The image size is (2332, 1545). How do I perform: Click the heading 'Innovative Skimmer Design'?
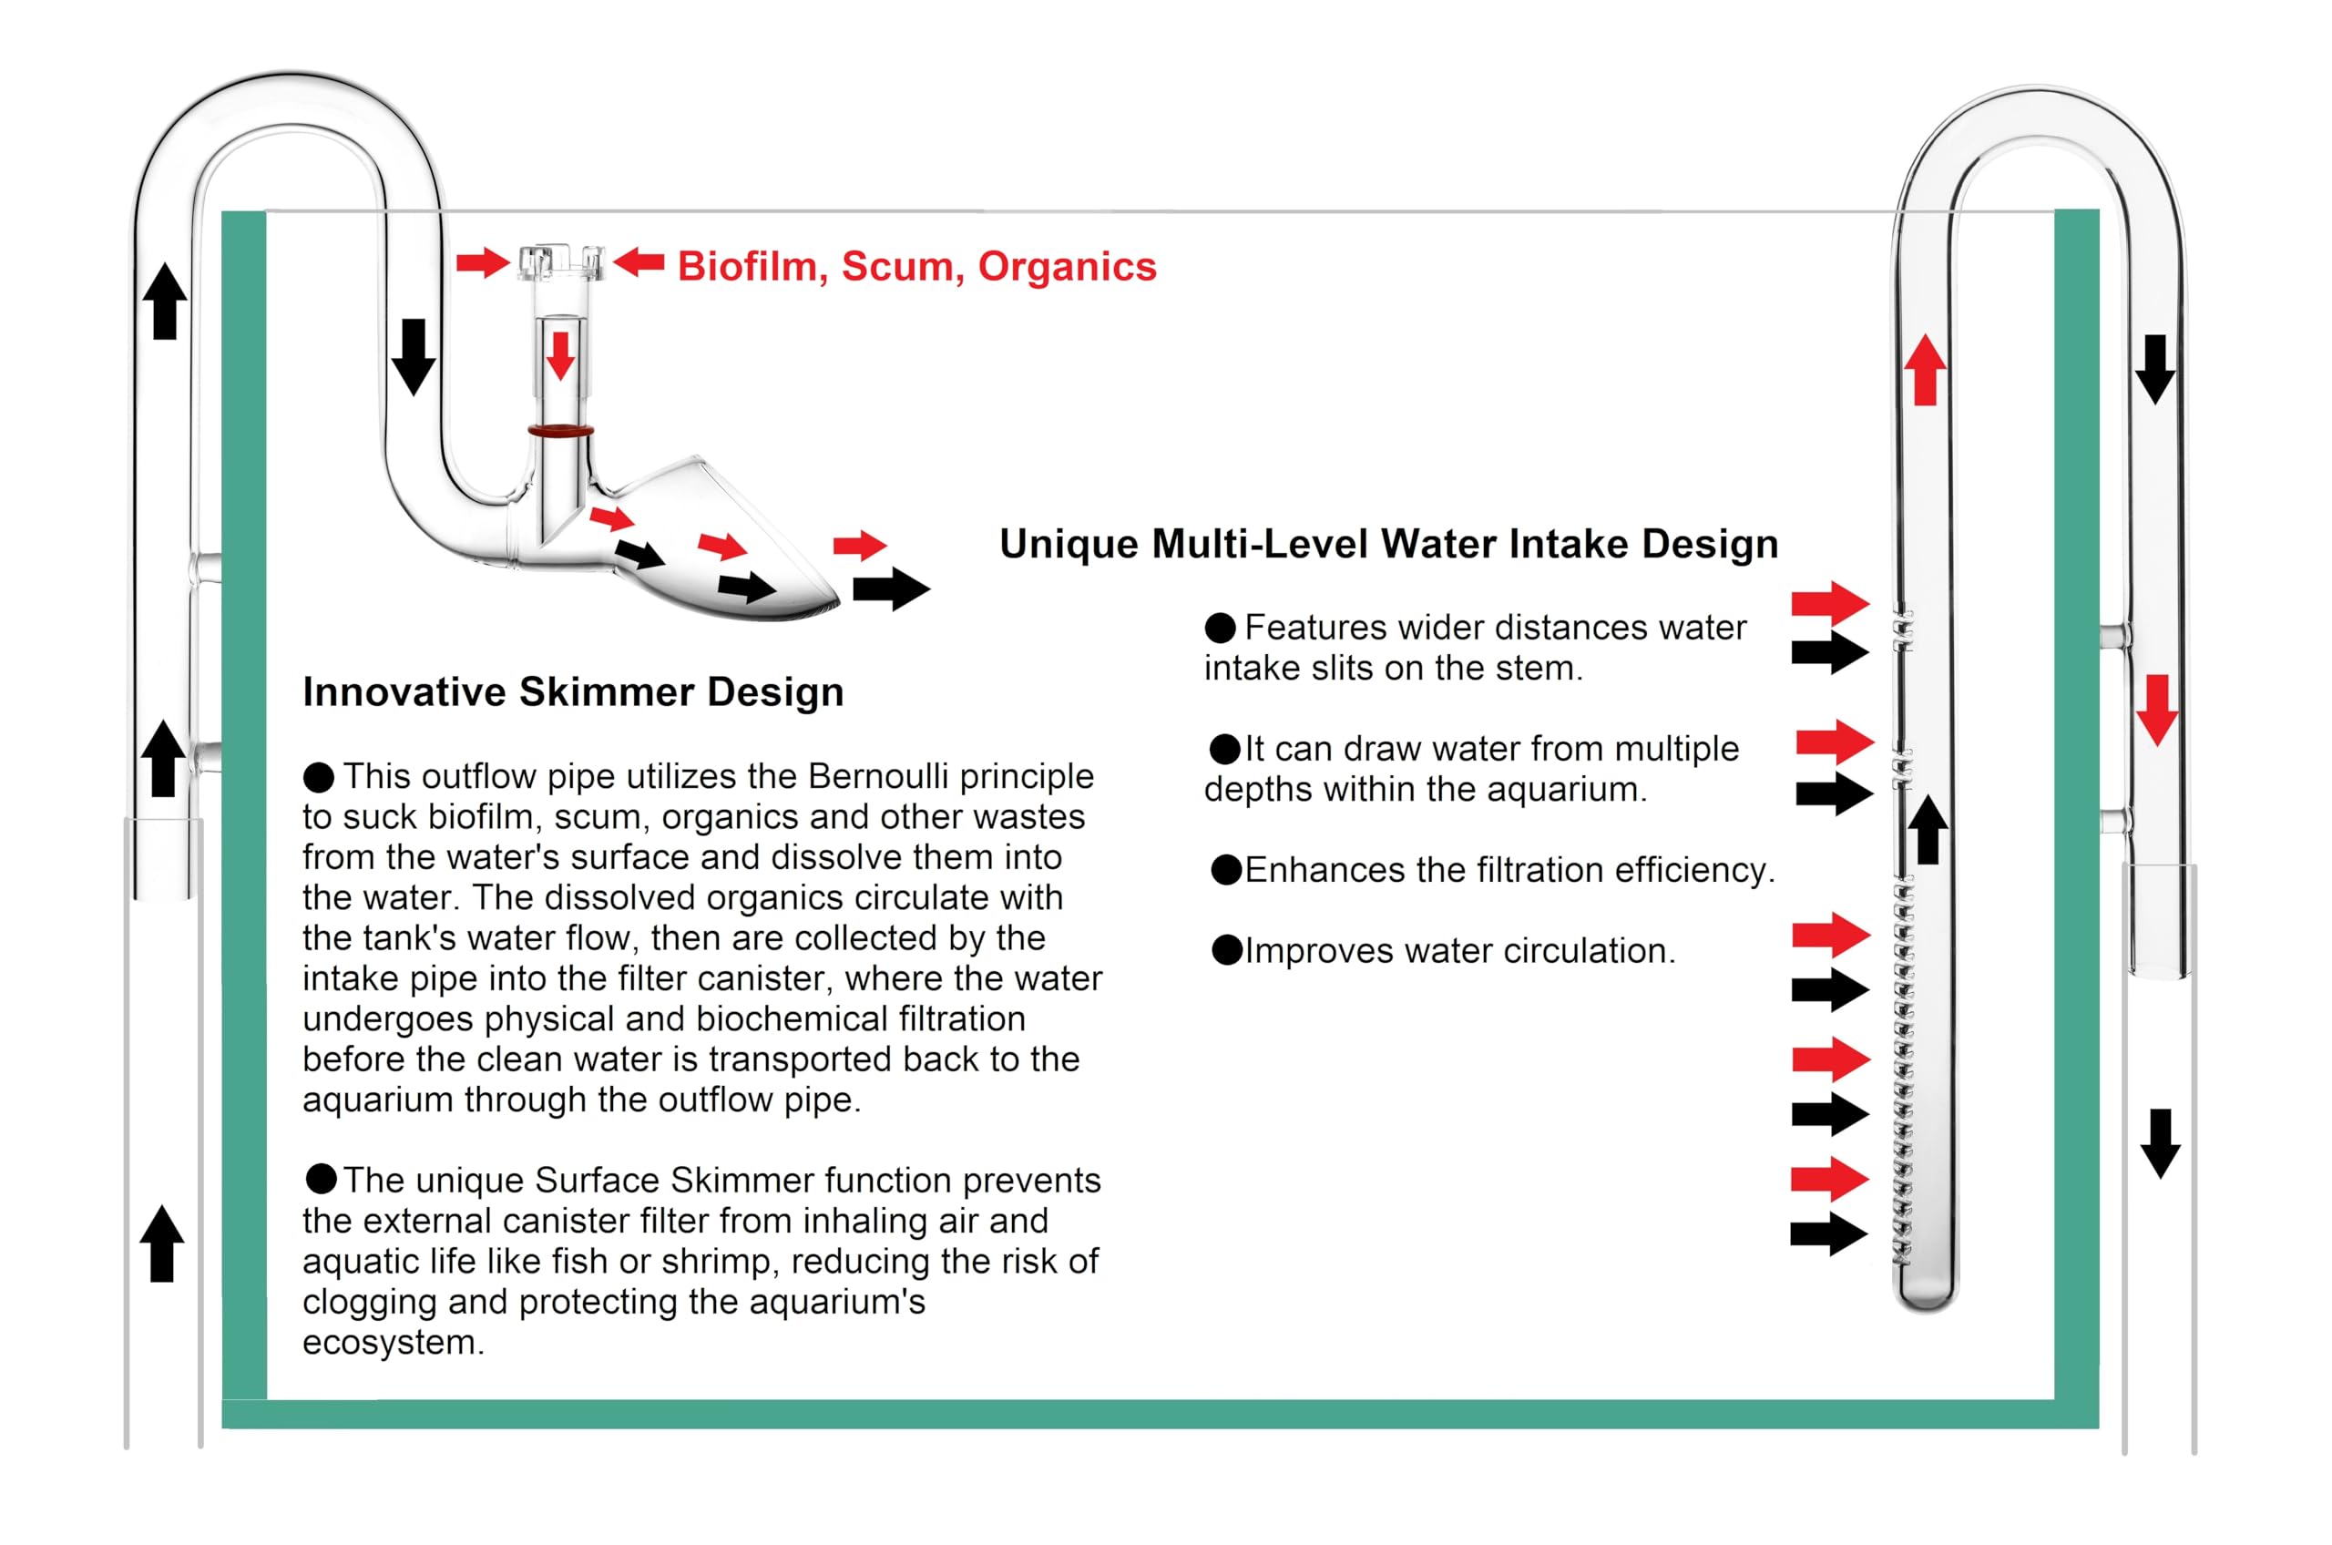click(x=572, y=691)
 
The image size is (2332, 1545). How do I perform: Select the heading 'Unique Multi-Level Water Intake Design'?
click(x=1388, y=544)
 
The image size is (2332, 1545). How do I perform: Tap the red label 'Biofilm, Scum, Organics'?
click(x=916, y=267)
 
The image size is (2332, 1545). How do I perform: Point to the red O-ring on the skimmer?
click(x=559, y=431)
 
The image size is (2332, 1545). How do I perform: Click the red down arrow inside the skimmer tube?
click(x=560, y=355)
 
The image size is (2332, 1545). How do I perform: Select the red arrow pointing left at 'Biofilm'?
click(x=639, y=262)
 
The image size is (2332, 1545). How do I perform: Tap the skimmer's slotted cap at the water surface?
click(x=559, y=262)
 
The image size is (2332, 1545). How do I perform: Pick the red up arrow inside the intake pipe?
click(x=1924, y=370)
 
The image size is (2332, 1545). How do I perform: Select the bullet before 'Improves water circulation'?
click(x=1227, y=951)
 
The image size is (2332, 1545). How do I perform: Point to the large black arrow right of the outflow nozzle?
click(x=891, y=589)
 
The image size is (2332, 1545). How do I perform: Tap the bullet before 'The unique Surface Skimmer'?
click(x=322, y=1179)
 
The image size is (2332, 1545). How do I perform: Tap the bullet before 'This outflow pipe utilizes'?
click(x=318, y=776)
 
